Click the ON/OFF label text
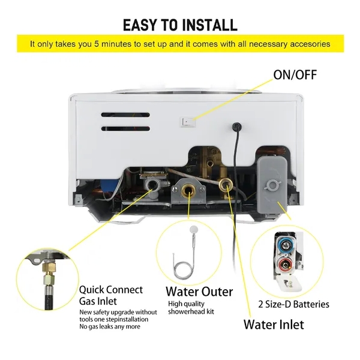coord(295,75)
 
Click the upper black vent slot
coord(125,115)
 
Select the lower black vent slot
coord(125,128)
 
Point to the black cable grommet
coord(237,126)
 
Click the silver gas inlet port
coord(151,184)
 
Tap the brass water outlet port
coord(188,190)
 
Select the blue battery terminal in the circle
coord(286,245)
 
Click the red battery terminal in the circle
coord(284,265)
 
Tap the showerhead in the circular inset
coord(193,230)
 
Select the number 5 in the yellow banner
coord(96,44)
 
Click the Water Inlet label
coord(274,325)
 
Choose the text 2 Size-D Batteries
coord(293,304)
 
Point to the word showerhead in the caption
coord(186,311)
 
